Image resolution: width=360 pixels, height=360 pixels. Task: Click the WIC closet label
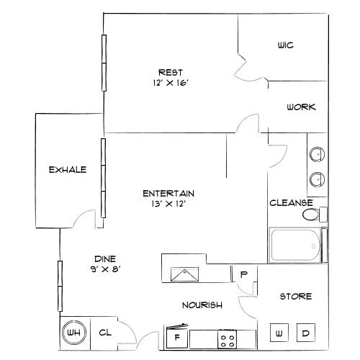point(285,45)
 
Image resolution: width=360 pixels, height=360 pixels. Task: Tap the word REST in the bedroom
point(171,72)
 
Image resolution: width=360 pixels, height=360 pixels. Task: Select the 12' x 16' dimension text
point(171,83)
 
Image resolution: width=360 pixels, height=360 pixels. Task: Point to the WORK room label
point(300,107)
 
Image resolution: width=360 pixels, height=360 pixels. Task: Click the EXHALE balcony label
point(68,170)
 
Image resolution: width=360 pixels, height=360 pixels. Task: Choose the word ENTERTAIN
point(168,193)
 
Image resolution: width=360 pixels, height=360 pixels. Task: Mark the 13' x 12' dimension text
point(168,204)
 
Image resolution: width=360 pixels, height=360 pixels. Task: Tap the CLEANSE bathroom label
point(291,203)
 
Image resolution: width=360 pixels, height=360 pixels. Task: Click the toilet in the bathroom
point(311,215)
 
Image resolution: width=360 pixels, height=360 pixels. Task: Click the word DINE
point(106,259)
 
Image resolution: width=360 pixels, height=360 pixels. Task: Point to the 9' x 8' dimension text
point(106,269)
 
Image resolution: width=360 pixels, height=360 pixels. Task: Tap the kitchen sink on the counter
point(186,273)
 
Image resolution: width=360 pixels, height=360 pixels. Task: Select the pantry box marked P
point(244,274)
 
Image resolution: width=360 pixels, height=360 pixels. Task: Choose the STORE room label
point(295,297)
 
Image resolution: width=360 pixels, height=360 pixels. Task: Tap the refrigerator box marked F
point(176,336)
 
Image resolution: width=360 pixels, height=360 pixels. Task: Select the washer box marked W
point(279,333)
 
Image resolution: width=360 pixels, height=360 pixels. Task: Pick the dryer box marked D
point(305,333)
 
